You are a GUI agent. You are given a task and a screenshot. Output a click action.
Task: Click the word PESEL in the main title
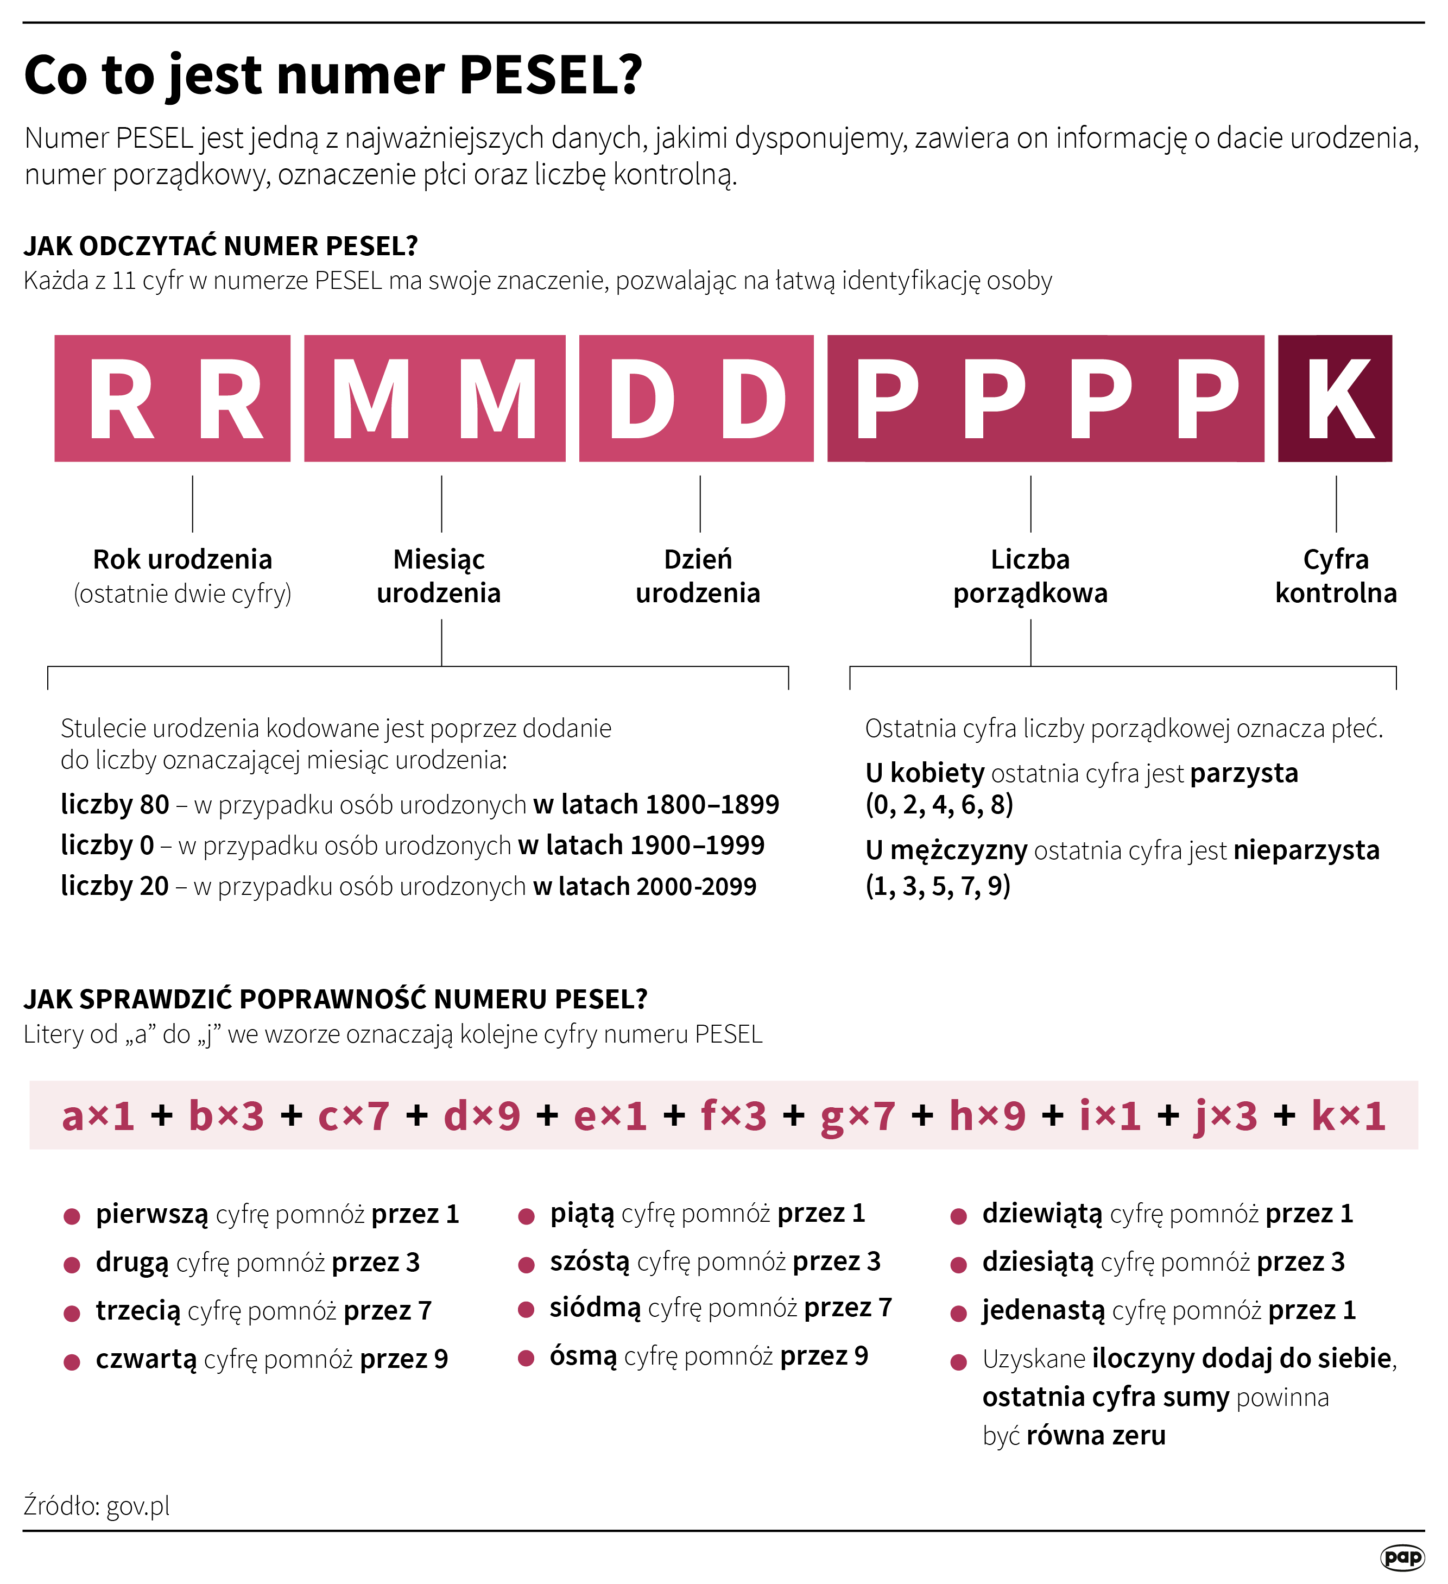(550, 75)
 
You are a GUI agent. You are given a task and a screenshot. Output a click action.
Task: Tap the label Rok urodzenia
(182, 559)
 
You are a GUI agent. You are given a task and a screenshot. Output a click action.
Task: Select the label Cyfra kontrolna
(1336, 576)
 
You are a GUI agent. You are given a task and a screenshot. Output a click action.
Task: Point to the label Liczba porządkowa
(1030, 576)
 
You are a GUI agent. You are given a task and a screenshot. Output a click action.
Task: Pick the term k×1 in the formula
(1348, 1116)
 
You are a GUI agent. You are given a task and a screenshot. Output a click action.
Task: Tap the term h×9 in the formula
(987, 1116)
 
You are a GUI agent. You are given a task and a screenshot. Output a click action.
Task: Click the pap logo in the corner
(1402, 1556)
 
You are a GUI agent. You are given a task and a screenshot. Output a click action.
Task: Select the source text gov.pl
(138, 1505)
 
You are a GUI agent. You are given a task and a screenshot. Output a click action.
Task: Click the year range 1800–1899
(712, 805)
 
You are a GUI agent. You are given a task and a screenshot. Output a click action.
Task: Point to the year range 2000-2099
(696, 886)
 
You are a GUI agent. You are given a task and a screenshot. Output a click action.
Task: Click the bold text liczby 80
(115, 805)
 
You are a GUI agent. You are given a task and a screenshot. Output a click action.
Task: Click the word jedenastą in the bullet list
(1044, 1310)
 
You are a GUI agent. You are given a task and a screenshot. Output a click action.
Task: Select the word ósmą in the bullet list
(583, 1356)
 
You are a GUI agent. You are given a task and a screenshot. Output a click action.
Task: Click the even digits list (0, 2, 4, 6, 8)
(939, 805)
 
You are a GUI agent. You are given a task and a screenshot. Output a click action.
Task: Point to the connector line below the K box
(1336, 503)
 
